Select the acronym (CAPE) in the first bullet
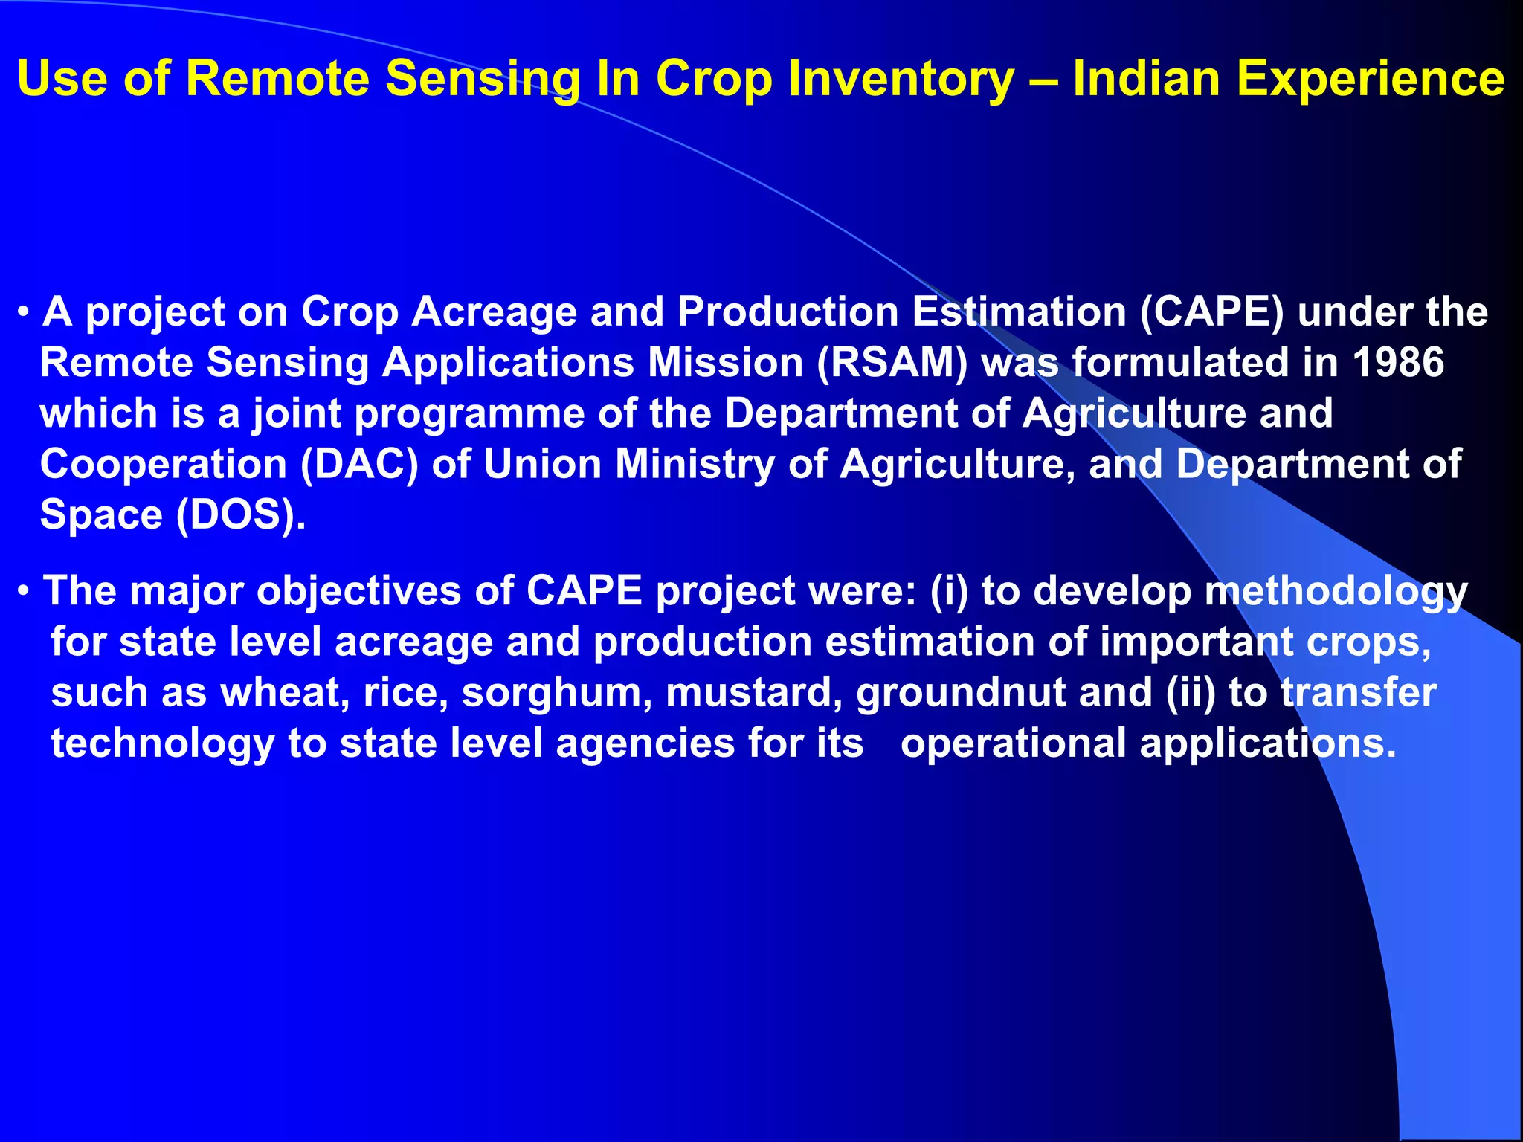(x=1211, y=312)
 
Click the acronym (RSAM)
(x=892, y=363)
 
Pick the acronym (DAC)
(x=359, y=464)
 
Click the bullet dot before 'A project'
(x=25, y=312)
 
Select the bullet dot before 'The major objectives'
(x=25, y=592)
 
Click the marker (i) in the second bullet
(x=949, y=592)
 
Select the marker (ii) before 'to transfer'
(x=1191, y=693)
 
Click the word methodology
(x=1336, y=592)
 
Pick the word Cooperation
(x=163, y=464)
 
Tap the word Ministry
(x=695, y=464)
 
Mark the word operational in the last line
(x=1013, y=743)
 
